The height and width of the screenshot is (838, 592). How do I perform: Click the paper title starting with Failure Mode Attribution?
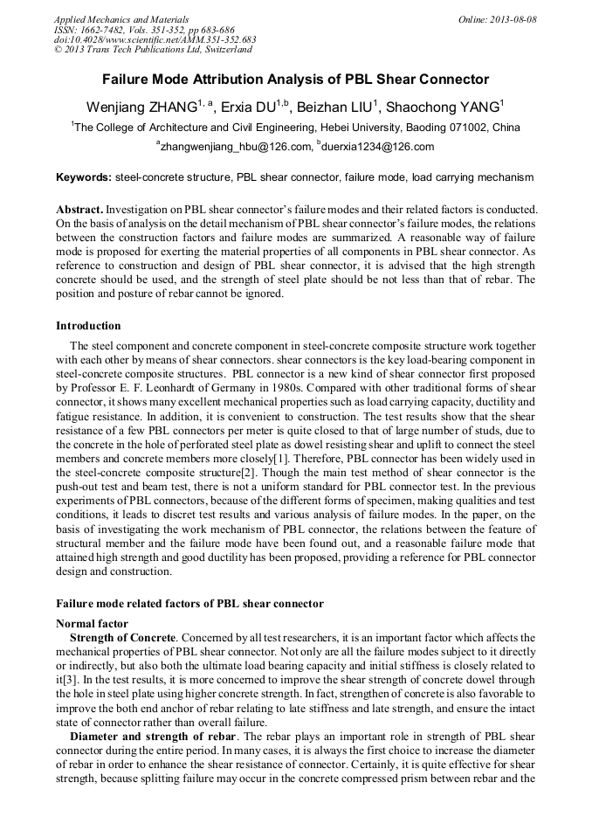coord(296,80)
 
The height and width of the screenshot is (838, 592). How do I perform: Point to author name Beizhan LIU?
coord(334,107)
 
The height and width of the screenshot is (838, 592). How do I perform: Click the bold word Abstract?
coord(80,211)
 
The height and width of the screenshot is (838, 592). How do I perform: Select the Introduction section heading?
coord(88,326)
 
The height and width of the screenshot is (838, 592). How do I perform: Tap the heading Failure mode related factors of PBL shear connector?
coord(189,604)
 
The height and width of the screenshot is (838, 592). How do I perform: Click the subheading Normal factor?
coord(92,624)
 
